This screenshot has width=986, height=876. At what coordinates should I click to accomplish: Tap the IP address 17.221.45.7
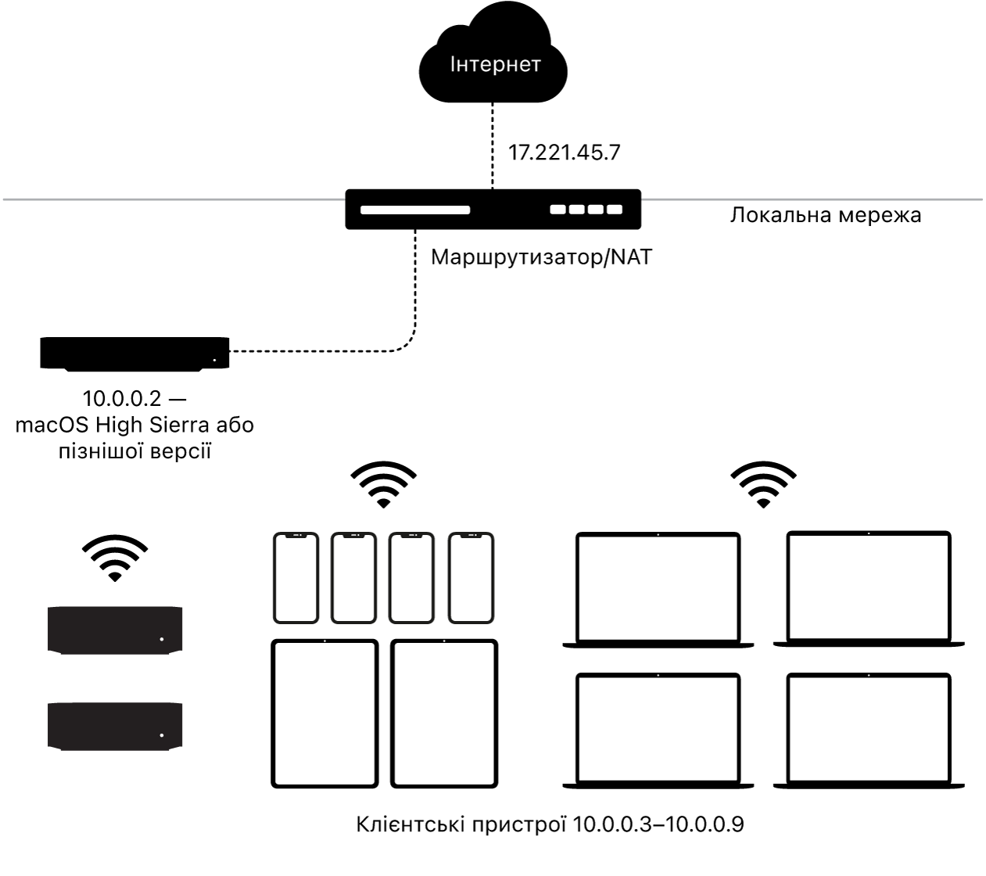click(564, 153)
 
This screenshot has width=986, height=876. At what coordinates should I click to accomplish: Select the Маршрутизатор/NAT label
click(541, 257)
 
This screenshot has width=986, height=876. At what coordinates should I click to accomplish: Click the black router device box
click(493, 210)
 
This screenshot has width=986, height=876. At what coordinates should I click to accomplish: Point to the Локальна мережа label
click(826, 215)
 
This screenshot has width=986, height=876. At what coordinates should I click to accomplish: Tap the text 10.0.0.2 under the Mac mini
click(122, 399)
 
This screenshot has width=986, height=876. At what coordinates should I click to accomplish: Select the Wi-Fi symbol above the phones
click(383, 484)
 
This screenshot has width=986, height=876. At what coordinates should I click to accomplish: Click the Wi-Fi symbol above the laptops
click(763, 484)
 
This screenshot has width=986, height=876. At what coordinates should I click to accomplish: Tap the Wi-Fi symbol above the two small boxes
click(115, 558)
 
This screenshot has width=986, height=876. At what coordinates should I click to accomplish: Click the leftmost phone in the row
click(296, 578)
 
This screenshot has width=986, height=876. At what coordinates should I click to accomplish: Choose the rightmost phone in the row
click(471, 578)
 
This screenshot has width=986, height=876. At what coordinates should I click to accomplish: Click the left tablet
click(324, 714)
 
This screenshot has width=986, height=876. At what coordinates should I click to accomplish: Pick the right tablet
click(444, 714)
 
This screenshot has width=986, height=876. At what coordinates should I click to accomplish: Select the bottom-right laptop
click(869, 731)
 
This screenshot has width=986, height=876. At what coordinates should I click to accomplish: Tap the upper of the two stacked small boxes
click(115, 630)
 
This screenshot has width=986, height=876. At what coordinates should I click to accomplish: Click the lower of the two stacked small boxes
click(115, 727)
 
